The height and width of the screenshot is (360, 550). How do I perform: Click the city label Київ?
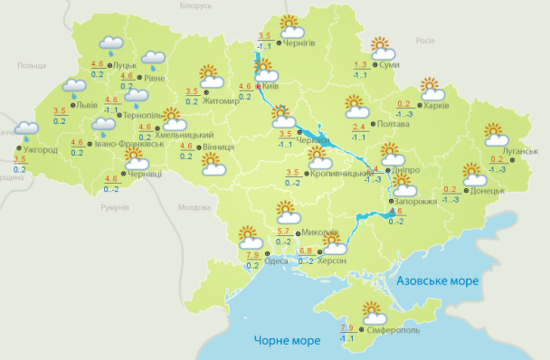coord(270,87)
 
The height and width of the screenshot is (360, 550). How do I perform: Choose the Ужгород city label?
coord(41,148)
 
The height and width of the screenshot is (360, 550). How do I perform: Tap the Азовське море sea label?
coord(439,281)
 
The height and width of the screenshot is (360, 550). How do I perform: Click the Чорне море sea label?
coord(285,340)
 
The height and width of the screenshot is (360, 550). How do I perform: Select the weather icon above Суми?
coord(381,47)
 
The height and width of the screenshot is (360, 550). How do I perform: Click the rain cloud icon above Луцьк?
coord(111,44)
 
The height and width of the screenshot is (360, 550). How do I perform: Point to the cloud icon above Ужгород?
coord(26,130)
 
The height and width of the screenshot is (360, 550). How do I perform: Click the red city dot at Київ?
coord(258,87)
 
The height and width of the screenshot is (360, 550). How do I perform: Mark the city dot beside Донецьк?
coord(466,191)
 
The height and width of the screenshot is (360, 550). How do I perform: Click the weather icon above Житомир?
coord(212,75)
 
